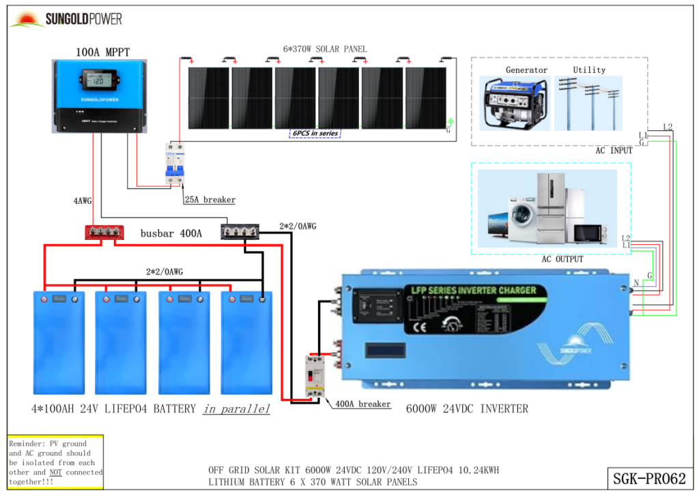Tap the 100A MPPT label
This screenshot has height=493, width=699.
(102, 51)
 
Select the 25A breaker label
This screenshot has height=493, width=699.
(210, 200)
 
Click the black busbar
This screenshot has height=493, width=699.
(240, 233)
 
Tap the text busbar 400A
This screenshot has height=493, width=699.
(171, 233)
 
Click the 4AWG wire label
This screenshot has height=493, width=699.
(83, 201)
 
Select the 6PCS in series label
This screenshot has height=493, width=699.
(315, 133)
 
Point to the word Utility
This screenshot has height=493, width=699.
(589, 70)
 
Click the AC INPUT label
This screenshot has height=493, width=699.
(614, 150)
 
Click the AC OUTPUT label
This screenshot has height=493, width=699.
(562, 259)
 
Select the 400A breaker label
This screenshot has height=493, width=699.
(363, 404)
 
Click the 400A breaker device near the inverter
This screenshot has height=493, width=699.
(315, 377)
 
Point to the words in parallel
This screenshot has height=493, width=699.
(236, 409)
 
